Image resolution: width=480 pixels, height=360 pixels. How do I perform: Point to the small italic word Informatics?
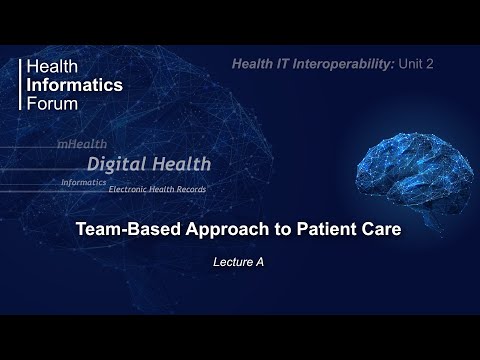83,183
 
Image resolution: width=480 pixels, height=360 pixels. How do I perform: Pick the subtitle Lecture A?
240,262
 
